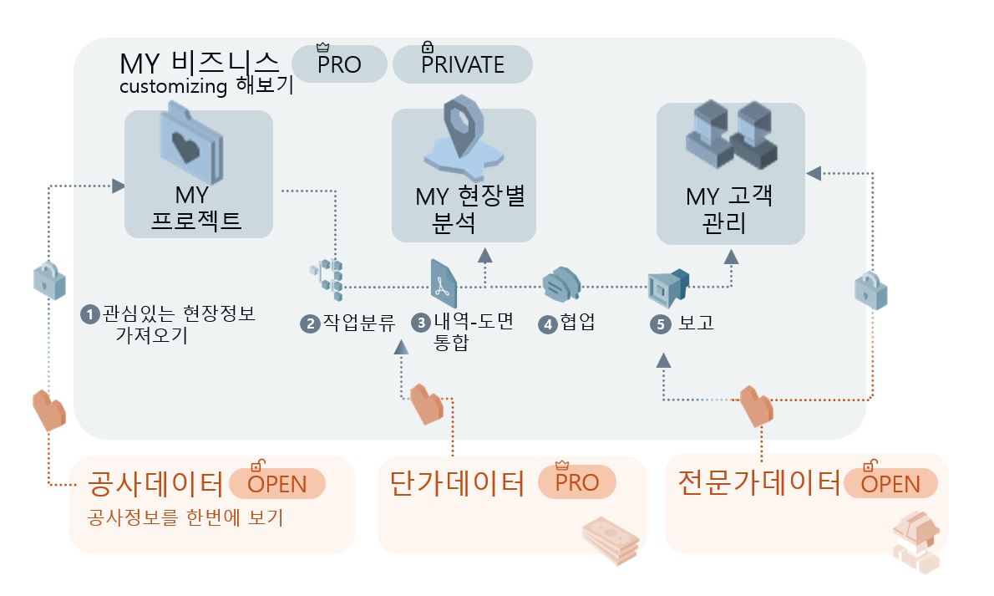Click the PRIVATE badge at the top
coord(462,64)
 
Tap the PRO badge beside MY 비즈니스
coord(339,64)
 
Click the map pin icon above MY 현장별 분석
coord(464,138)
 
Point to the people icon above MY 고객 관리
coord(731,135)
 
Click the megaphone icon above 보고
coord(668,286)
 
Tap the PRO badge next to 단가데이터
coord(577,482)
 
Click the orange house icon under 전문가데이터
coord(915,543)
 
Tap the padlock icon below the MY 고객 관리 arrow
coord(870,290)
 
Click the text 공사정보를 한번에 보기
coord(185,518)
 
